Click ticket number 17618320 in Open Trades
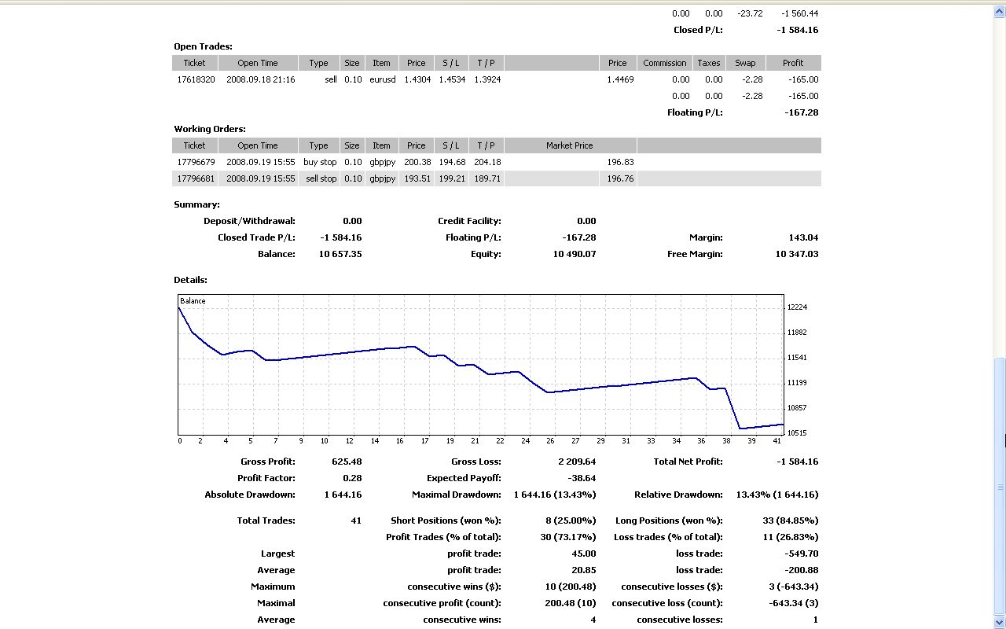pyautogui.click(x=196, y=79)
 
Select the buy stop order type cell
pyautogui.click(x=320, y=162)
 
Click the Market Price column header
pyautogui.click(x=570, y=145)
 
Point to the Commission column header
pyautogui.click(x=665, y=63)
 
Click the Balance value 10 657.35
pyautogui.click(x=340, y=254)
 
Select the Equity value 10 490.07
pyautogui.click(x=574, y=254)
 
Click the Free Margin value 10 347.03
pyautogui.click(x=796, y=254)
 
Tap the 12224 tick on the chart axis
pyautogui.click(x=797, y=307)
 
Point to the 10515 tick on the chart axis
pyautogui.click(x=797, y=433)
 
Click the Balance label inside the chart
pyautogui.click(x=193, y=301)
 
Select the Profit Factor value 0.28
pyautogui.click(x=352, y=478)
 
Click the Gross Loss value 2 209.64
pyautogui.click(x=577, y=462)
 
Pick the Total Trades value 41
pyautogui.click(x=356, y=520)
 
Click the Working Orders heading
pyautogui.click(x=210, y=129)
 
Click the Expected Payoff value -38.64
pyautogui.click(x=582, y=478)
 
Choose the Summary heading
pyautogui.click(x=196, y=204)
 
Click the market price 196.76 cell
pyautogui.click(x=620, y=178)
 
